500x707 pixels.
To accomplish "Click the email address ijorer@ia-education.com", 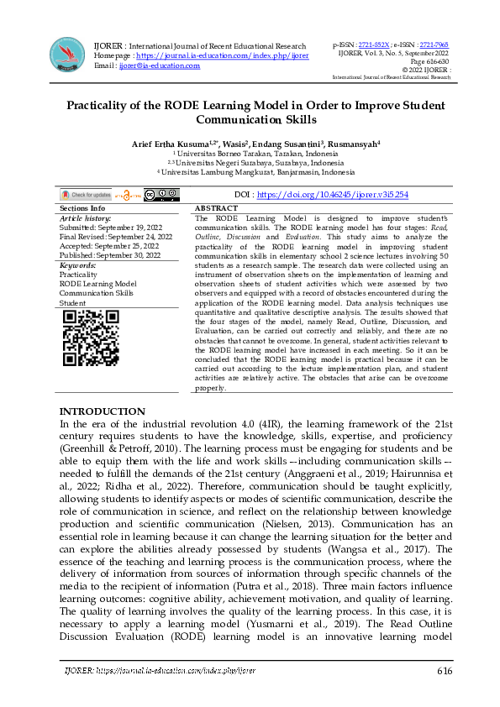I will pyautogui.click(x=160, y=65).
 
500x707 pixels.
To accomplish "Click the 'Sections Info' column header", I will pyautogui.click(x=82, y=207).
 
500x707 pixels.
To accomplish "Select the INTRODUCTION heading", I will pyautogui.click(x=102, y=411).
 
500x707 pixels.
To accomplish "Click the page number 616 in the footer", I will pyautogui.click(x=445, y=671).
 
